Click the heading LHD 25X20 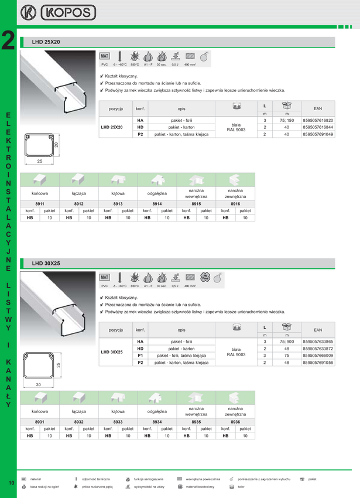coord(47,42)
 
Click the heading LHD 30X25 coord(47,263)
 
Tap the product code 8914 coord(157,203)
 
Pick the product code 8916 coord(235,203)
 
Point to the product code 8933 coord(118,421)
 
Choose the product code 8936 coord(235,421)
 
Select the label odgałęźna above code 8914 coord(157,192)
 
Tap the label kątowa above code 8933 coord(118,412)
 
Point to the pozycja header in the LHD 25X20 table coord(115,109)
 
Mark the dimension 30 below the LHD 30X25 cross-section coord(38,384)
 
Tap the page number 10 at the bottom coord(11,482)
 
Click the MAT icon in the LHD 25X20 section coord(105,56)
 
